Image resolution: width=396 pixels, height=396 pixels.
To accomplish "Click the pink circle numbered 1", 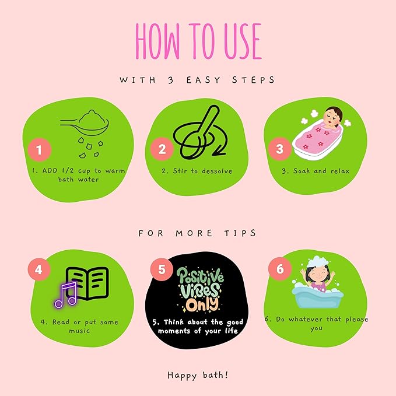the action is pos(40,149).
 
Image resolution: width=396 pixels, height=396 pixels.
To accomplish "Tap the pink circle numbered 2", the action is pos(162,149).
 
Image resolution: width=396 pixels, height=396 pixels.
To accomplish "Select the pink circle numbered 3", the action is pos(280,149).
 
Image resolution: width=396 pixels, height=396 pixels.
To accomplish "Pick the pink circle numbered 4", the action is pos(38,269).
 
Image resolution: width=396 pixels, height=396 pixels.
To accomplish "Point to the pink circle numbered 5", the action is pos(162,269).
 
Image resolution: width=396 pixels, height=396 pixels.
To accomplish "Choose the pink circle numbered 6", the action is pos(280,269).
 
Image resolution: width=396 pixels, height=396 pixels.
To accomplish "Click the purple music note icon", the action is pos(65,295).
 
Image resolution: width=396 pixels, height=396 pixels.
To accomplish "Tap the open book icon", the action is pos(87,283).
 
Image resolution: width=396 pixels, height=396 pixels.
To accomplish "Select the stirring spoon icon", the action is pos(200,132).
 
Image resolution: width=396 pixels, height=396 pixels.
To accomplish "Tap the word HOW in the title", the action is pos(157,41).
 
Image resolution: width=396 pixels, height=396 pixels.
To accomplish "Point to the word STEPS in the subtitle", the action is pos(253,80).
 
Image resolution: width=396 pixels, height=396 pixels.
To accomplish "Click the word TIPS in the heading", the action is pos(240,233).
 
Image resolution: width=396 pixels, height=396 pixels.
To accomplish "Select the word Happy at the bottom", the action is pos(182,376).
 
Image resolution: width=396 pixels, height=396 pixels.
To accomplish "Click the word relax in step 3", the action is pos(340,171).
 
